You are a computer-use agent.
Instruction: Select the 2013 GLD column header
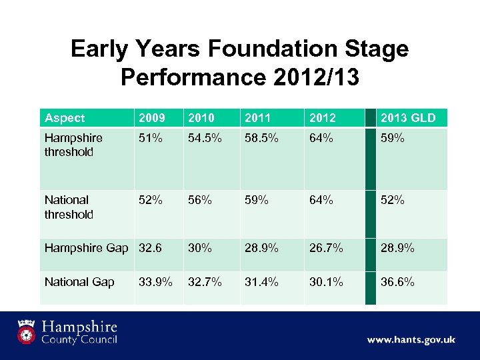click(x=407, y=118)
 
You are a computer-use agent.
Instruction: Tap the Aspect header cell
click(x=65, y=118)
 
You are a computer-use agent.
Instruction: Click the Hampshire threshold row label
click(x=73, y=145)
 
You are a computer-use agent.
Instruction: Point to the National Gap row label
click(x=79, y=282)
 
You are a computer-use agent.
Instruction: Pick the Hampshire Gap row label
click(x=86, y=248)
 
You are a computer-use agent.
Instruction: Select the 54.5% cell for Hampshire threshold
click(x=203, y=138)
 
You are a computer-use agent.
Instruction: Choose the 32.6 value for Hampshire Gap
click(x=151, y=248)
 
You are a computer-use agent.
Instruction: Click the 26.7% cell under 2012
click(x=326, y=248)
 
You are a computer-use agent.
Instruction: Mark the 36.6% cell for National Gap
click(x=397, y=282)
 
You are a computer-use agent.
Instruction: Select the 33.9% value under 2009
click(x=155, y=282)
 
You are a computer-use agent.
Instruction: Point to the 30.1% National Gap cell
click(x=326, y=282)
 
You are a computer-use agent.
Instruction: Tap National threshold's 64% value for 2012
click(x=321, y=200)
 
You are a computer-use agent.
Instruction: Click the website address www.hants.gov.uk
click(x=411, y=340)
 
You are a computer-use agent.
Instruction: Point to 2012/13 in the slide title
click(x=316, y=77)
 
